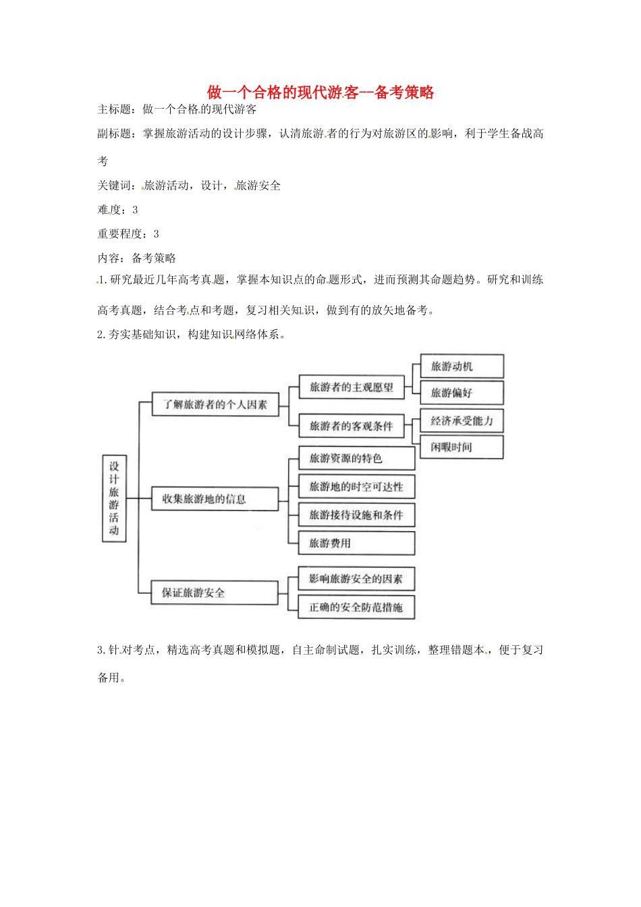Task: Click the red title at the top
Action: tap(320, 92)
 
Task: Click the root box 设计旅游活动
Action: tap(114, 498)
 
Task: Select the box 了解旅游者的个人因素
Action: tap(215, 404)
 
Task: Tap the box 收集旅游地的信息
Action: tap(215, 499)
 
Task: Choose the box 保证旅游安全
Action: tap(214, 593)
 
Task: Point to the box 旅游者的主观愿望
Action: tap(352, 387)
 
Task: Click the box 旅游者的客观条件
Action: tap(352, 426)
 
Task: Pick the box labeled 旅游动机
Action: tap(462, 366)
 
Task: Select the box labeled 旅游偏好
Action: tap(462, 393)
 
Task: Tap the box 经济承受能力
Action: tap(462, 421)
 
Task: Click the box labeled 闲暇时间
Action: tap(462, 447)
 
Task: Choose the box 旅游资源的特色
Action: tap(356, 459)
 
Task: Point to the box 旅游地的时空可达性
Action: tap(356, 487)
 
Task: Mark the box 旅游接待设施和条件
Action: tap(356, 515)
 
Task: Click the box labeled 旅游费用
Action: tap(356, 543)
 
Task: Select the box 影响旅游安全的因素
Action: tap(356, 579)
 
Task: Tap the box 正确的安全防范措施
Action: tap(356, 607)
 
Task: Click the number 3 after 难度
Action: tap(135, 210)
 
